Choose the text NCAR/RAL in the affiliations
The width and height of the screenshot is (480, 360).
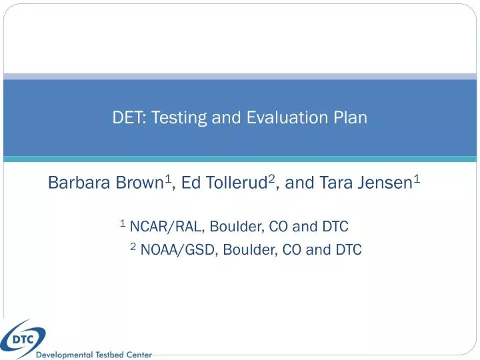tap(167, 227)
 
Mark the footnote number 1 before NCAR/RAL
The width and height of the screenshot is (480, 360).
tap(123, 223)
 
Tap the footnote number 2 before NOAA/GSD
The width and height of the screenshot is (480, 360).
tap(133, 247)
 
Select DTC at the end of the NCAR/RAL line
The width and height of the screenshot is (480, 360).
tap(335, 227)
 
